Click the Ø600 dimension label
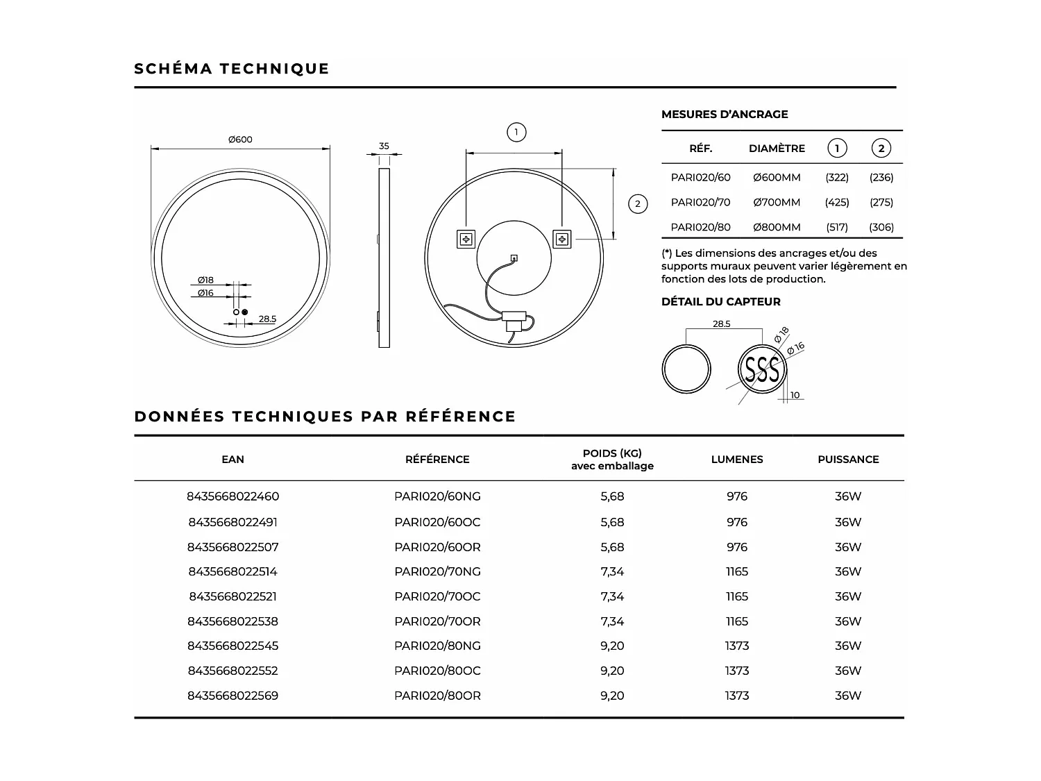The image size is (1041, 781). click(x=241, y=140)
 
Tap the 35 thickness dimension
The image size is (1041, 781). click(x=384, y=146)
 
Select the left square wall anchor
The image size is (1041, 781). click(x=465, y=240)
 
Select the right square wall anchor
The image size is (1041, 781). click(x=561, y=240)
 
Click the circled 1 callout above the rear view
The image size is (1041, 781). click(x=516, y=132)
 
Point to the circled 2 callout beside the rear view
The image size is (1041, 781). click(x=637, y=203)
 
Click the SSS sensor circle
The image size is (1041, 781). click(x=761, y=369)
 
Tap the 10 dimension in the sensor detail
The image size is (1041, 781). click(x=795, y=395)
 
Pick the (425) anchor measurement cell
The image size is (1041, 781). click(x=837, y=202)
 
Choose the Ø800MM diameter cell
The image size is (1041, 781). click(x=777, y=227)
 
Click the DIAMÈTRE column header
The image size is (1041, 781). click(x=777, y=149)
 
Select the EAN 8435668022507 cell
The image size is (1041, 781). click(x=232, y=547)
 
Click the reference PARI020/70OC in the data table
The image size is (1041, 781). click(x=437, y=596)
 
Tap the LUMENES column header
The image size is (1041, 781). click(x=737, y=460)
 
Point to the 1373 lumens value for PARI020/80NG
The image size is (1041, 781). click(x=737, y=646)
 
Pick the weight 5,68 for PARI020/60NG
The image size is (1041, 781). click(x=612, y=496)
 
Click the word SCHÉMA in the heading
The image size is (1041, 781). click(x=173, y=69)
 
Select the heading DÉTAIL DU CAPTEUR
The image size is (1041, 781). click(x=721, y=301)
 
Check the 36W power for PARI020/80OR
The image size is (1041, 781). click(x=848, y=696)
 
